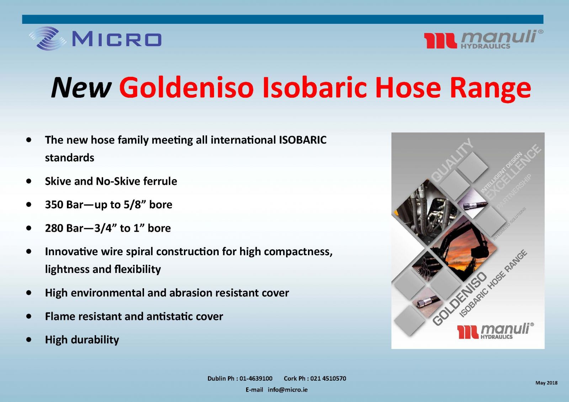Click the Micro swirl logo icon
coord(48,38)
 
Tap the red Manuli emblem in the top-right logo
coord(440,41)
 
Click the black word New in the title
coord(81,88)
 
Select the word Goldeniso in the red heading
coord(186,87)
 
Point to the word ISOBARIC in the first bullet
coord(303,140)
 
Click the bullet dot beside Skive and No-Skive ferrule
coord(29,181)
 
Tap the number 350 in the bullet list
coord(54,205)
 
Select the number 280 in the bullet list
coord(54,228)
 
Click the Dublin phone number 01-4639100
coord(256,379)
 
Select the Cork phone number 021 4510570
coord(328,379)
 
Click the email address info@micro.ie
coord(288,390)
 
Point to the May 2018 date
coord(546,383)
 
